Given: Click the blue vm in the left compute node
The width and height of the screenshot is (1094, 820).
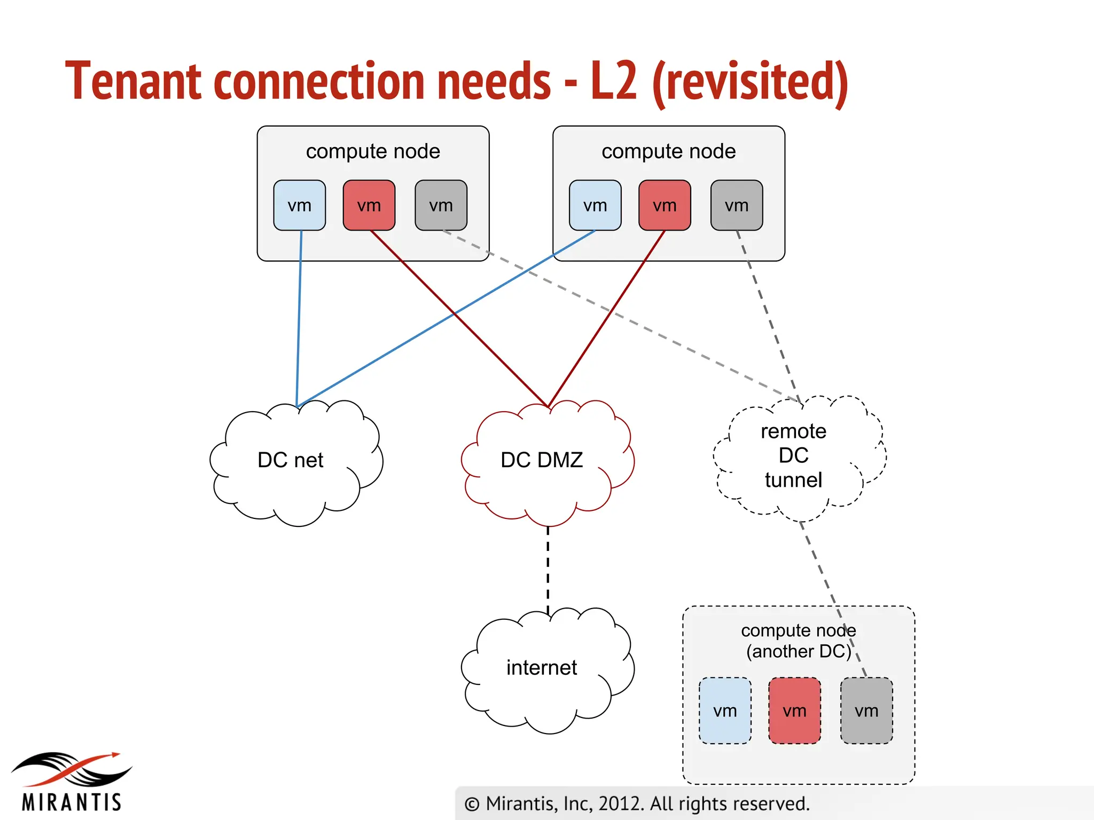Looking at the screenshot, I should click(299, 206).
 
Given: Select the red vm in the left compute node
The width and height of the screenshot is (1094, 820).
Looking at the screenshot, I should click(369, 206).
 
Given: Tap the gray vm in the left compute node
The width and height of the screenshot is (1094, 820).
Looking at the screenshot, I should click(441, 206).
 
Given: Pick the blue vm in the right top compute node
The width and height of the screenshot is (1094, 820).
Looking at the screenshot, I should click(595, 206).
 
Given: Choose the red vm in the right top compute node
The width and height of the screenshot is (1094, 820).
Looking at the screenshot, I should click(665, 206).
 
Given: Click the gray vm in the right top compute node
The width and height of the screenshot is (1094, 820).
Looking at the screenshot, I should click(737, 206).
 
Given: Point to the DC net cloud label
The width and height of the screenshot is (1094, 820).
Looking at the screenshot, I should click(290, 460).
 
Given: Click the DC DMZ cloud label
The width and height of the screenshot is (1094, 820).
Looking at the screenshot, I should click(542, 460).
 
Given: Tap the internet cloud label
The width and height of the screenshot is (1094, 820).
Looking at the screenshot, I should click(542, 668).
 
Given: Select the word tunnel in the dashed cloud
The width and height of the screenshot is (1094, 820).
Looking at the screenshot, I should click(793, 480).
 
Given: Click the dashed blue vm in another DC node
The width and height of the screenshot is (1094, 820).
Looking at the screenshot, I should click(725, 711).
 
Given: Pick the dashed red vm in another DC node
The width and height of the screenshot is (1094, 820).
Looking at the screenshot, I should click(794, 711).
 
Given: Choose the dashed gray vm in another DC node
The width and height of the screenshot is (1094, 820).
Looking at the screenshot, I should click(866, 711).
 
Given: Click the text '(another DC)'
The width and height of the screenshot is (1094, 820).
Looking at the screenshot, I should click(799, 652).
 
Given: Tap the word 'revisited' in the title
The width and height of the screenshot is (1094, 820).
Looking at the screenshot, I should click(750, 81).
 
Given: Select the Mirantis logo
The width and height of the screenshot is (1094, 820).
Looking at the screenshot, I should click(72, 782).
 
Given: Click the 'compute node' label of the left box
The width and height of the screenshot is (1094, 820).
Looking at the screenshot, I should click(373, 152).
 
